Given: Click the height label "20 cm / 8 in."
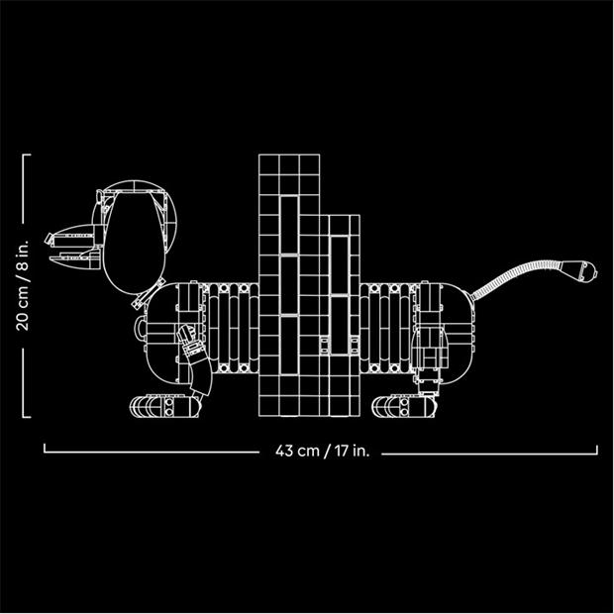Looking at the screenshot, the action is pos(22,285).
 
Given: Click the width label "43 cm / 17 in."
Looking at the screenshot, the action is pos(322,451).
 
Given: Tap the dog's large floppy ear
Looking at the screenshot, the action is pos(135,243).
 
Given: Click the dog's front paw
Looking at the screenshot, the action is pos(164,406).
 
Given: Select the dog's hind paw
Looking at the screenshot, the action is pos(403,406).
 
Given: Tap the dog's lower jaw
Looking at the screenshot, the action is pos(75,260).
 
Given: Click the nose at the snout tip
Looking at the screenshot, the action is pos(50,239).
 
